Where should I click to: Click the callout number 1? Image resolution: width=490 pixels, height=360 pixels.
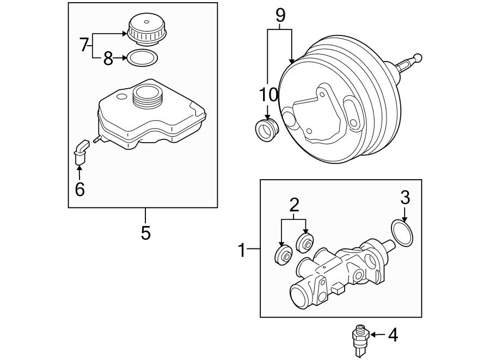pos(243,251)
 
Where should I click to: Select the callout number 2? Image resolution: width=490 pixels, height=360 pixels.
pos(294,205)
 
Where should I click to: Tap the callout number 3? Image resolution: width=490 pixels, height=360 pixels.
pos(405,198)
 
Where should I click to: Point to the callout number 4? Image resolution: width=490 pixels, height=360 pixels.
pos(393,335)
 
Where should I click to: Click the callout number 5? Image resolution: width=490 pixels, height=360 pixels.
pos(145,233)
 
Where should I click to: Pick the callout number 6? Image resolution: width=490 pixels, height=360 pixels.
pos(79,189)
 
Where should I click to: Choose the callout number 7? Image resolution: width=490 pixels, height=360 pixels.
pos(84,45)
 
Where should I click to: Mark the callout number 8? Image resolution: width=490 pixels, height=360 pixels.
pos(108,58)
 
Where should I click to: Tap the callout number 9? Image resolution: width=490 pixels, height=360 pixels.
pos(280,15)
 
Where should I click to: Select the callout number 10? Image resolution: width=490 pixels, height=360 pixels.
pos(268,95)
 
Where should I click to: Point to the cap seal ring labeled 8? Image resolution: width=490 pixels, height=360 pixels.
pos(143,57)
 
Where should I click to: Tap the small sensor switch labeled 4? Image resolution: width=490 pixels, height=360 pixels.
pos(359,337)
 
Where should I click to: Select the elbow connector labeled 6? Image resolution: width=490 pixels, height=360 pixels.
pos(81,151)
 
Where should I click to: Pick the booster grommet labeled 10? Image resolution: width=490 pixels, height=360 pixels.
pos(267,130)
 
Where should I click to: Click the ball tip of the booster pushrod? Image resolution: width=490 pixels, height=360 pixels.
pos(418,57)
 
